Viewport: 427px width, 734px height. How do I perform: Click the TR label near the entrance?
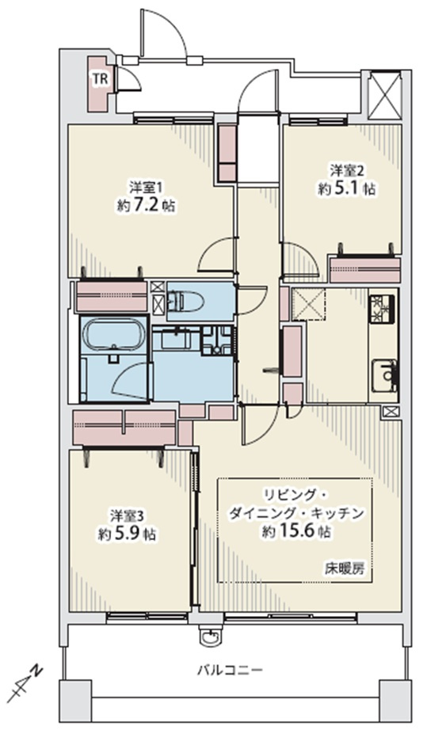[x=100, y=79]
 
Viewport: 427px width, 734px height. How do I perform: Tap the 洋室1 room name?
[x=146, y=188]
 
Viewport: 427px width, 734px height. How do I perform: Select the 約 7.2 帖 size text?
[x=146, y=206]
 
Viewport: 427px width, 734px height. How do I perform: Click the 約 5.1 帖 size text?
[x=347, y=188]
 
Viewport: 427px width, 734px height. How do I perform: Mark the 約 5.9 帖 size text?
[x=127, y=534]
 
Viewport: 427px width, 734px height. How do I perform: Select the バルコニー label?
[x=230, y=671]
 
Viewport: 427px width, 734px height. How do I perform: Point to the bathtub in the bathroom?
[x=114, y=333]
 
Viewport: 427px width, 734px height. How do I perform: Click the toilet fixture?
[x=186, y=301]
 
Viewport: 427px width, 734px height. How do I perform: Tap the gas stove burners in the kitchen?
[x=383, y=309]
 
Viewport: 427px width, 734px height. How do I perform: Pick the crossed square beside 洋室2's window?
[x=386, y=94]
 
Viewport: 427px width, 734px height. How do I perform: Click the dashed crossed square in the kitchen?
[x=308, y=304]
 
